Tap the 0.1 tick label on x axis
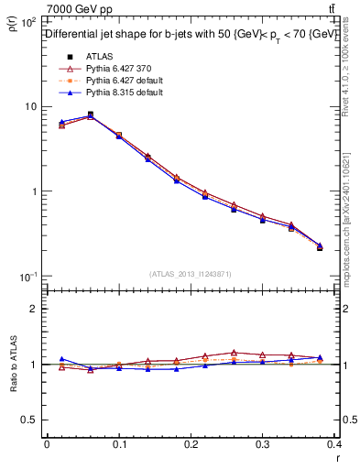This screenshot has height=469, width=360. [119, 444]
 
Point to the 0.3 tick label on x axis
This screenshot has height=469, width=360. [264, 444]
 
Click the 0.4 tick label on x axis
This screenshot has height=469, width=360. [335, 444]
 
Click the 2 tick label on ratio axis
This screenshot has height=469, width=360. [35, 309]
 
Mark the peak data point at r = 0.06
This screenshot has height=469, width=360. [90, 115]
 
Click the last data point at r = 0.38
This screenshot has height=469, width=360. [320, 247]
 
